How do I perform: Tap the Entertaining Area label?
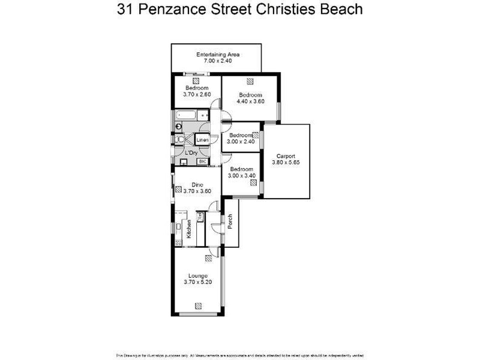click(x=218, y=55)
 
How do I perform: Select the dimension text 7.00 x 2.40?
click(x=218, y=61)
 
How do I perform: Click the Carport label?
click(x=286, y=156)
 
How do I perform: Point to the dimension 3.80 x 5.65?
click(x=286, y=163)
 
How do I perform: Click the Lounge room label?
click(x=197, y=275)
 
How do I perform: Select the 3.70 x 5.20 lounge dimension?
click(x=197, y=282)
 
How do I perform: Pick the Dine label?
click(x=197, y=184)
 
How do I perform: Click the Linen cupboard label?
click(x=203, y=140)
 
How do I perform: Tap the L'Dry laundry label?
click(x=191, y=153)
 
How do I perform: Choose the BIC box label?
click(x=203, y=161)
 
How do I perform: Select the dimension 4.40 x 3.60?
click(x=250, y=101)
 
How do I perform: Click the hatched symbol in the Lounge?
click(x=208, y=259)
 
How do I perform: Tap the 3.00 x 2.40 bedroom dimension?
click(x=241, y=142)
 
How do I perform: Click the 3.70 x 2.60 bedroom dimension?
click(x=197, y=94)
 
